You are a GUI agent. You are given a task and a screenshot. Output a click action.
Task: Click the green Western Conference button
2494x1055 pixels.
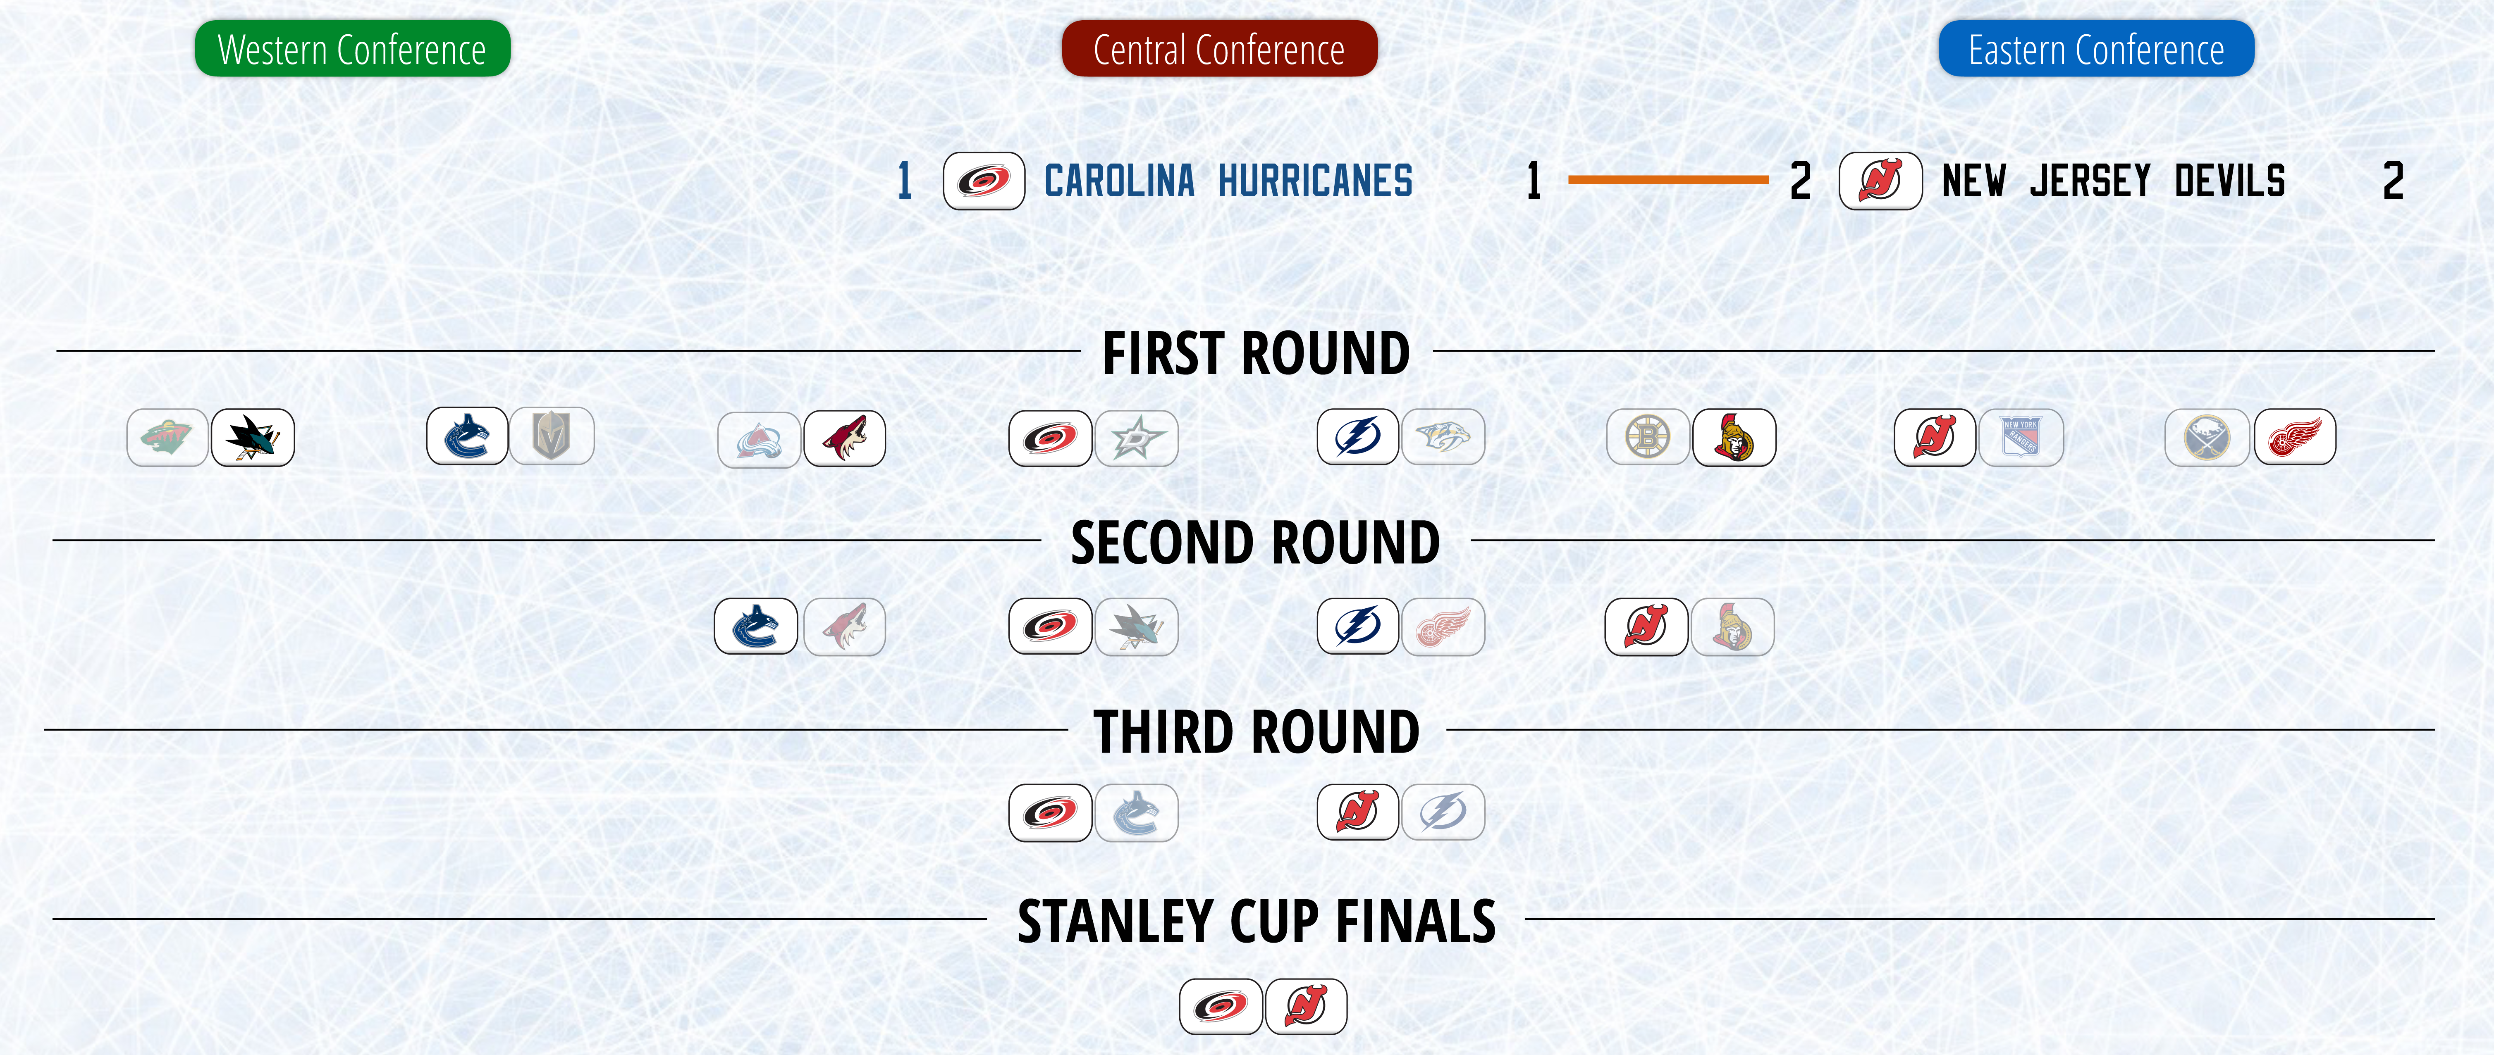[x=352, y=48]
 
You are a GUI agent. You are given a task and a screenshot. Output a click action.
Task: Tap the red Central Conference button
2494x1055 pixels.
[x=1219, y=48]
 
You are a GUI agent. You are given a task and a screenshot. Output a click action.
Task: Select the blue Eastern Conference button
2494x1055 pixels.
[x=2096, y=48]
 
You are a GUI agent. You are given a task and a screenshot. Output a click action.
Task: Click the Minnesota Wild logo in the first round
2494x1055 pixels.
[x=167, y=438]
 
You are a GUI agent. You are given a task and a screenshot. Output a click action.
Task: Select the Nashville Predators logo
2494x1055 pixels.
[x=1443, y=436]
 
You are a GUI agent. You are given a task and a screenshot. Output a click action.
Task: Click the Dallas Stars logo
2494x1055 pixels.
[x=1137, y=438]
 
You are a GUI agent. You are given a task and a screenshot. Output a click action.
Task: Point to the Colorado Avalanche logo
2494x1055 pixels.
[x=759, y=439]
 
